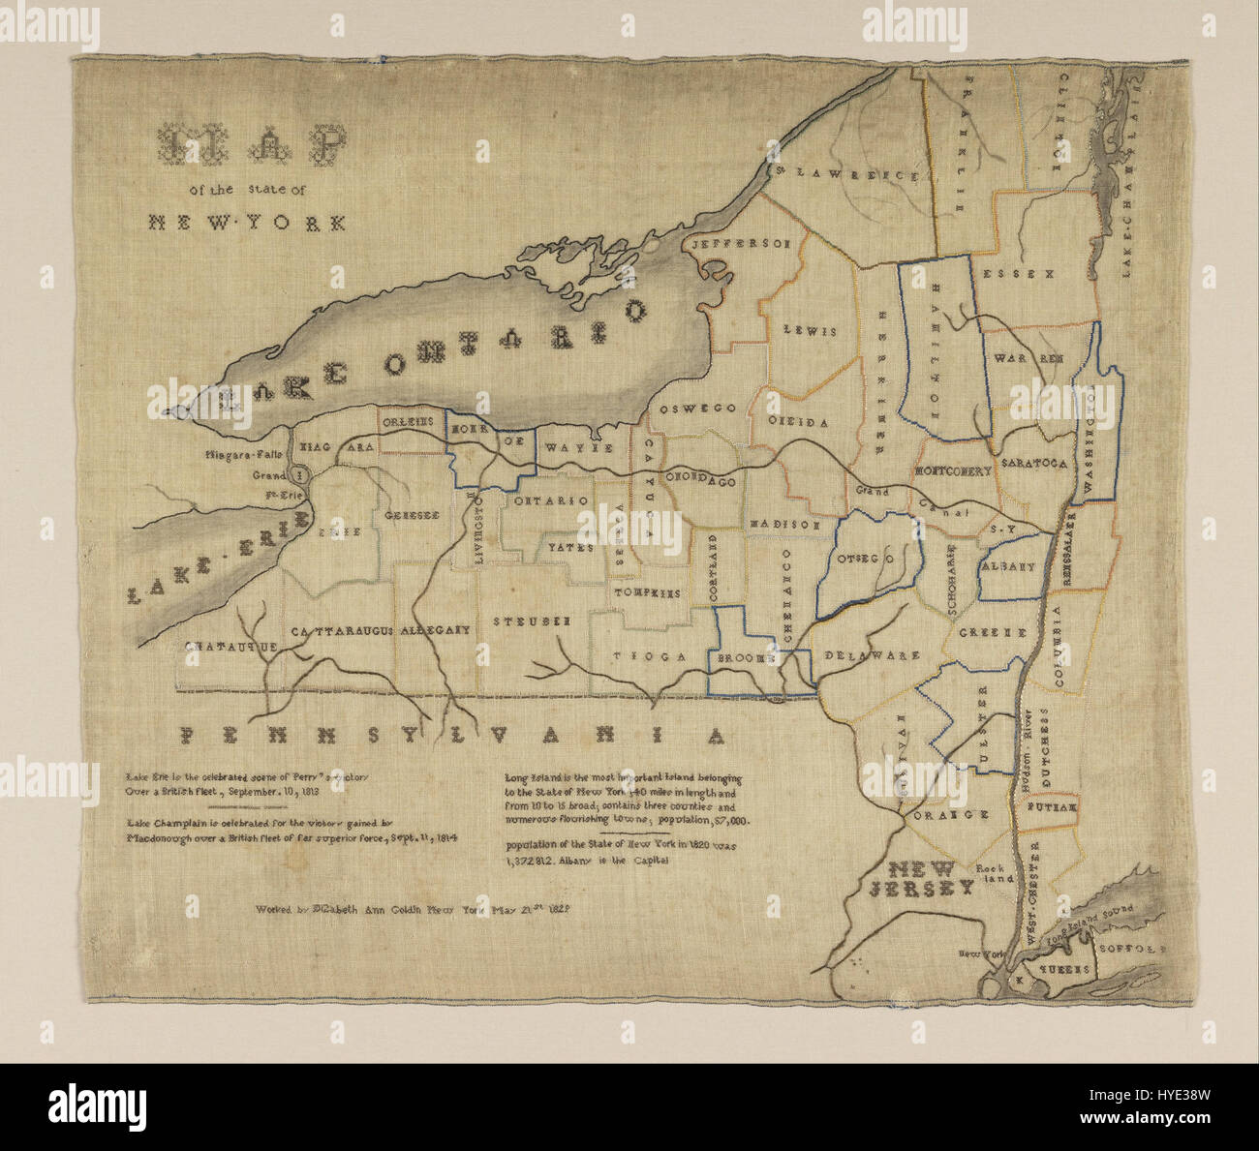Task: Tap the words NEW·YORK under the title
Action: click(x=247, y=223)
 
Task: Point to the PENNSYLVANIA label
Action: click(x=453, y=736)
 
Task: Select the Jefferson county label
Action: click(x=741, y=244)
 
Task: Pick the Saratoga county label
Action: click(x=1034, y=464)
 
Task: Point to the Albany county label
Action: click(x=1009, y=567)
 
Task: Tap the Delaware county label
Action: click(x=872, y=655)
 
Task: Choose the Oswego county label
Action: click(x=697, y=409)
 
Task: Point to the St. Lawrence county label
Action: click(x=845, y=174)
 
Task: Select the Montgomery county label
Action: click(x=953, y=471)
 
